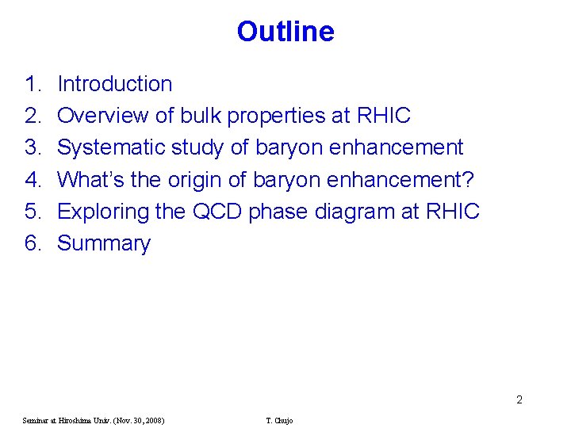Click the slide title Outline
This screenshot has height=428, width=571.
tap(285, 32)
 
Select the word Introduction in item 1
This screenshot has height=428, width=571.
tap(115, 84)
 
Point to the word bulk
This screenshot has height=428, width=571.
tap(201, 116)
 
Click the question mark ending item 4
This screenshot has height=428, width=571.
tap(468, 180)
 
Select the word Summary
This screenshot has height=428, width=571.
tap(104, 244)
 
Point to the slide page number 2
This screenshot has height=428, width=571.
tap(519, 399)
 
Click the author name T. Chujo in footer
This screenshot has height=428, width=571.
tap(279, 420)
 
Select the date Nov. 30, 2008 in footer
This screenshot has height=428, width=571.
tap(136, 420)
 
